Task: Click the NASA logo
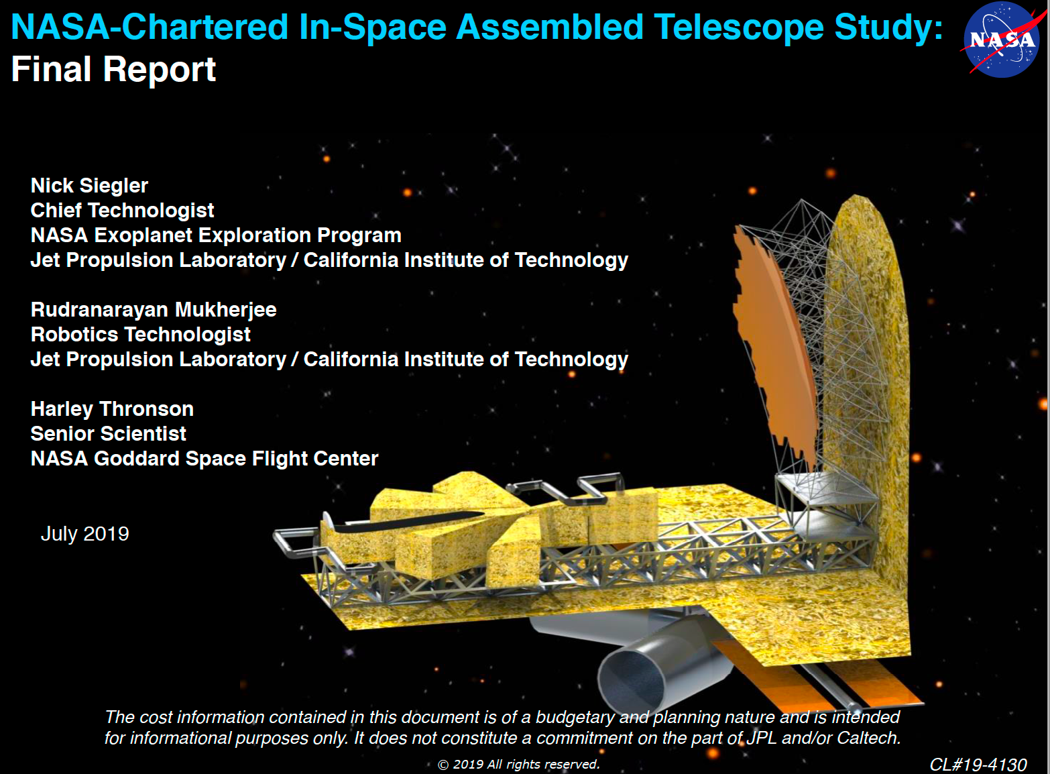click(1002, 40)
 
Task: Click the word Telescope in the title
click(739, 27)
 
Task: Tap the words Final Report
click(113, 69)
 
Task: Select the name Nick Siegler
click(89, 186)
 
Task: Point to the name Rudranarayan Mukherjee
click(154, 310)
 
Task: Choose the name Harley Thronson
click(112, 409)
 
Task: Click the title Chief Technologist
click(122, 211)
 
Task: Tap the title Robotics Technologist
click(140, 335)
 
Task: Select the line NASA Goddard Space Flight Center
click(204, 459)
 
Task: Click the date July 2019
click(85, 534)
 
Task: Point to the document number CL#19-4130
click(978, 765)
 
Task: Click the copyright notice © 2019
click(518, 765)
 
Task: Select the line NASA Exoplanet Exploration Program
click(216, 235)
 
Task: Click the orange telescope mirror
click(774, 347)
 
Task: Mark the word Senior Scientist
click(108, 434)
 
